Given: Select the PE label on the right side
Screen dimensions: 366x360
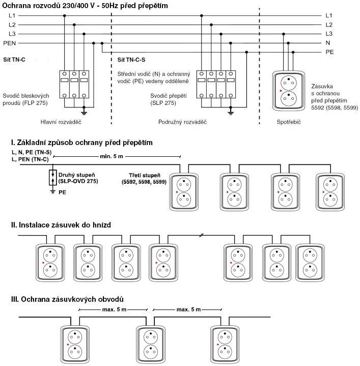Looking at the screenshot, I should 329,52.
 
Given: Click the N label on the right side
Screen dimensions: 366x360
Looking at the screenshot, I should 328,43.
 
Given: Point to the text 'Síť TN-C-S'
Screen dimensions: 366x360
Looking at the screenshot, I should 131,60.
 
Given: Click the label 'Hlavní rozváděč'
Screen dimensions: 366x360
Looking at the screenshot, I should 61,122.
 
